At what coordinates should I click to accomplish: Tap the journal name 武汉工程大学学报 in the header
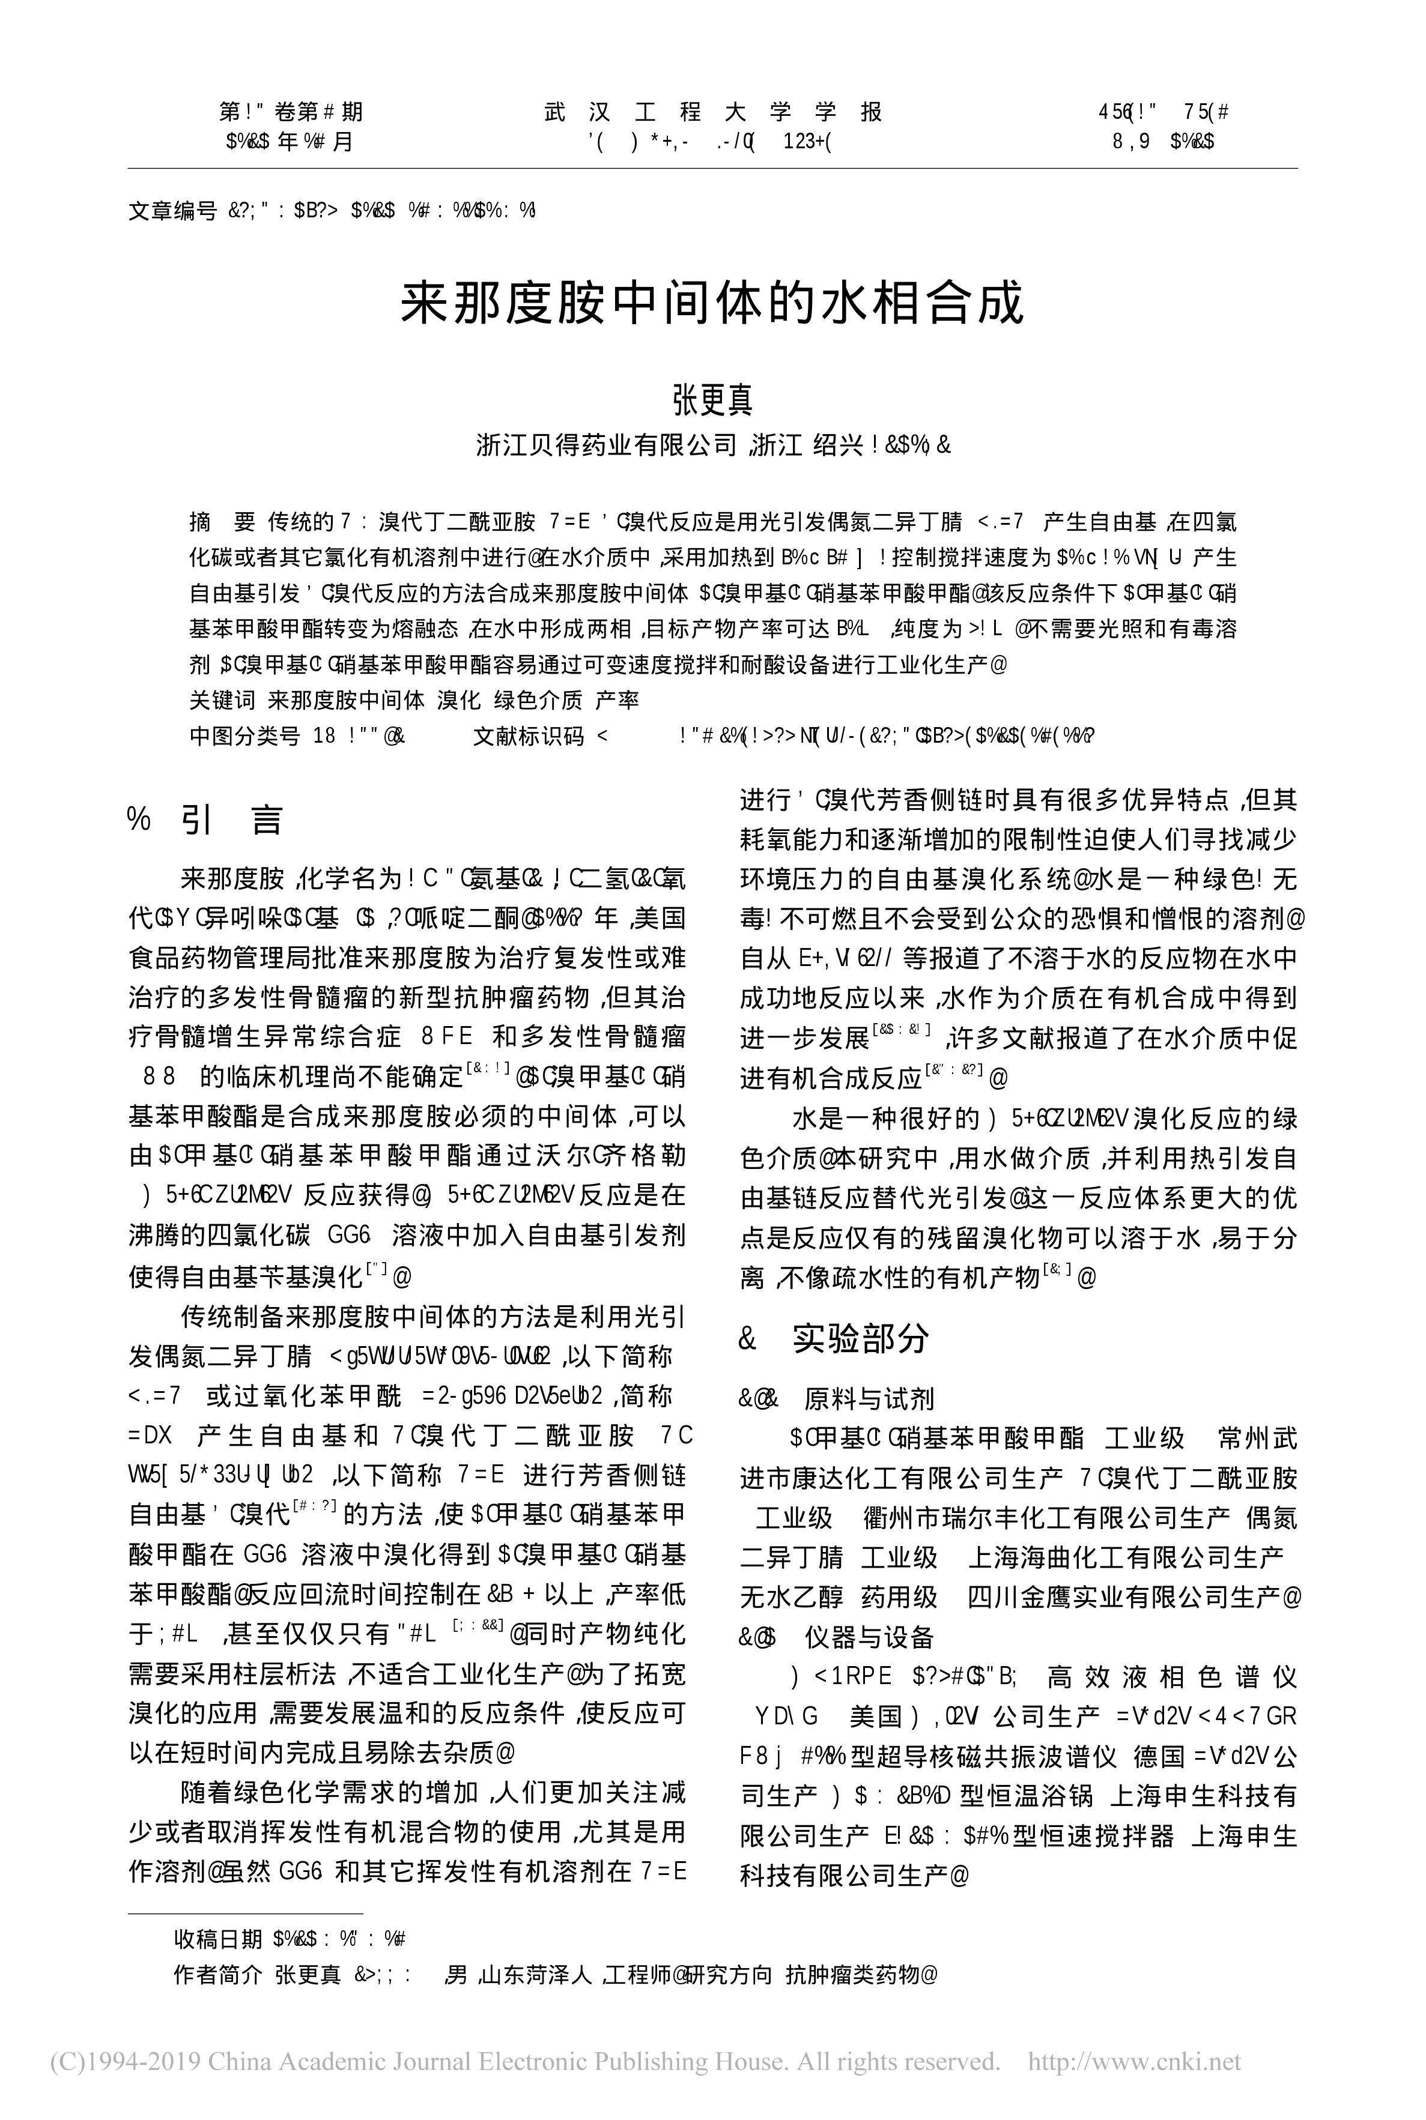pos(713,112)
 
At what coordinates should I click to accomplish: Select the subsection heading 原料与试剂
pos(869,1398)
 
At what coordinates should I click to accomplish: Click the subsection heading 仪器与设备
pos(869,1637)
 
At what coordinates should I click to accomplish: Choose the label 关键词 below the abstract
pos(222,700)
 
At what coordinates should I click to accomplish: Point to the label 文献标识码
pos(527,736)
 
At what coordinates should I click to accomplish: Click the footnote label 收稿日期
pos(218,1939)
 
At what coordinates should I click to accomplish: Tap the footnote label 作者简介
pos(218,1975)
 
